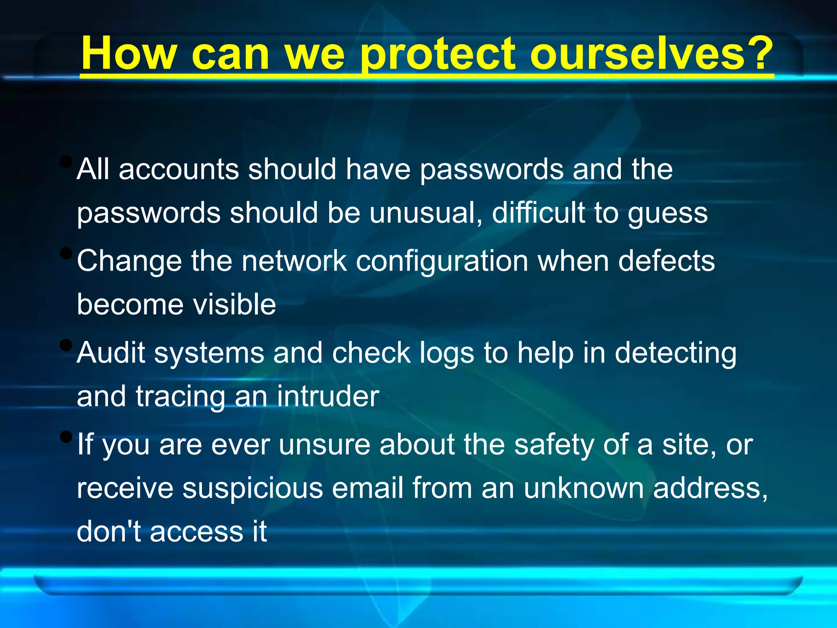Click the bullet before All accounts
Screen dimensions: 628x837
[65, 161]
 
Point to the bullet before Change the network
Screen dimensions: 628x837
[65, 253]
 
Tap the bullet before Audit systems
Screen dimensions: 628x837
[65, 345]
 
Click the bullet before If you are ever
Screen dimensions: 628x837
[65, 437]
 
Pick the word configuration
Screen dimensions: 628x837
[442, 262]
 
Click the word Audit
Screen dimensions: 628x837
[111, 352]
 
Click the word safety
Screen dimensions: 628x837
[554, 446]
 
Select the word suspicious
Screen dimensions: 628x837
[252, 489]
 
